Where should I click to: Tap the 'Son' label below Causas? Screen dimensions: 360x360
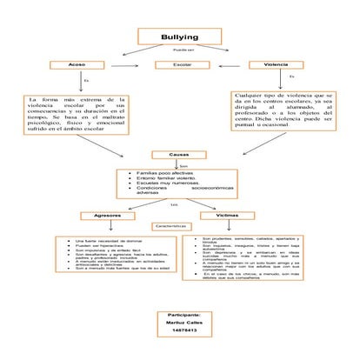pyautogui.click(x=183, y=164)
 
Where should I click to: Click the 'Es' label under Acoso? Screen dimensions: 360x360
pyautogui.click(x=85, y=81)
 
